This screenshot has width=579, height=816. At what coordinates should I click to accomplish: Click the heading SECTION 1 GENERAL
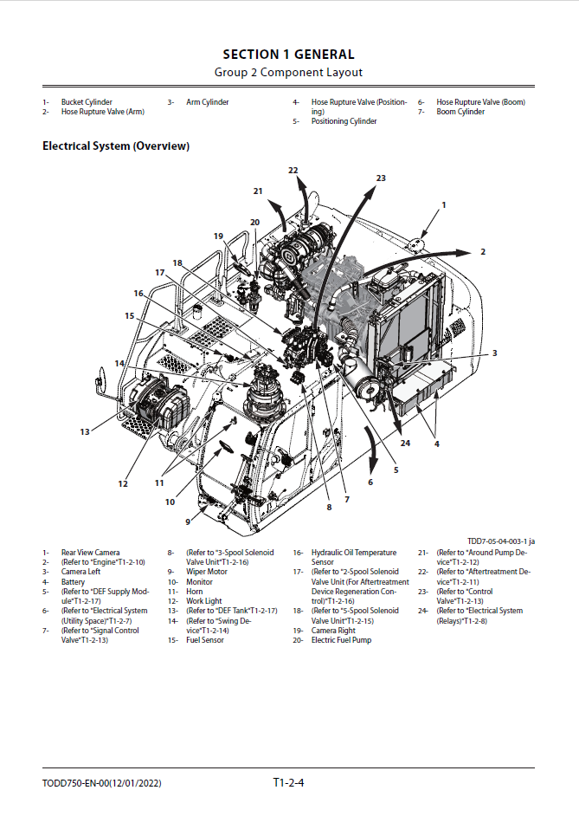pyautogui.click(x=288, y=55)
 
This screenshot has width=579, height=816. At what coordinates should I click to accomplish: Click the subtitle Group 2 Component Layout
pyautogui.click(x=288, y=72)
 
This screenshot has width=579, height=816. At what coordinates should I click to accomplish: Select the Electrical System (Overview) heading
pyautogui.click(x=116, y=146)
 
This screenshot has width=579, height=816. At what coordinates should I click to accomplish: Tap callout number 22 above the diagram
pyautogui.click(x=293, y=171)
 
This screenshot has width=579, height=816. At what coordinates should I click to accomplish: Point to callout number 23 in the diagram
pyautogui.click(x=382, y=178)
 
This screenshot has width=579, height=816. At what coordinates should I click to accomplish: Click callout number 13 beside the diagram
pyautogui.click(x=85, y=431)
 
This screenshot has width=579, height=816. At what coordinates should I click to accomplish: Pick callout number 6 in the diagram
pyautogui.click(x=370, y=482)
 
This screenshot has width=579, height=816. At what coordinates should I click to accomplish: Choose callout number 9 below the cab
pyautogui.click(x=188, y=521)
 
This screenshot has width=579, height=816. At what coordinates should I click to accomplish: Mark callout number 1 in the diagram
pyautogui.click(x=444, y=205)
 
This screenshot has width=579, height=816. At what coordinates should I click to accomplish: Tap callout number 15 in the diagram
pyautogui.click(x=130, y=316)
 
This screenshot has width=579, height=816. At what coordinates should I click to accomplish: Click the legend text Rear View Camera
pyautogui.click(x=90, y=553)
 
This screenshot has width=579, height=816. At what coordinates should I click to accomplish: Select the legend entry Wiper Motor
pyautogui.click(x=206, y=572)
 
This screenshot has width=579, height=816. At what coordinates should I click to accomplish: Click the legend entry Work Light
pyautogui.click(x=203, y=601)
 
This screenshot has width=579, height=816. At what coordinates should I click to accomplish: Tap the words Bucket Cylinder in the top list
pyautogui.click(x=87, y=102)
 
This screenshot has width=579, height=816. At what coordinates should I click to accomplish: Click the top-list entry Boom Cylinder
pyautogui.click(x=460, y=112)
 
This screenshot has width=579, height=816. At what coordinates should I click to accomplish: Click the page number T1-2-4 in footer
pyautogui.click(x=289, y=784)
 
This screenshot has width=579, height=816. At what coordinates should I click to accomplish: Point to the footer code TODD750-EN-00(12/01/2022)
pyautogui.click(x=101, y=784)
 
